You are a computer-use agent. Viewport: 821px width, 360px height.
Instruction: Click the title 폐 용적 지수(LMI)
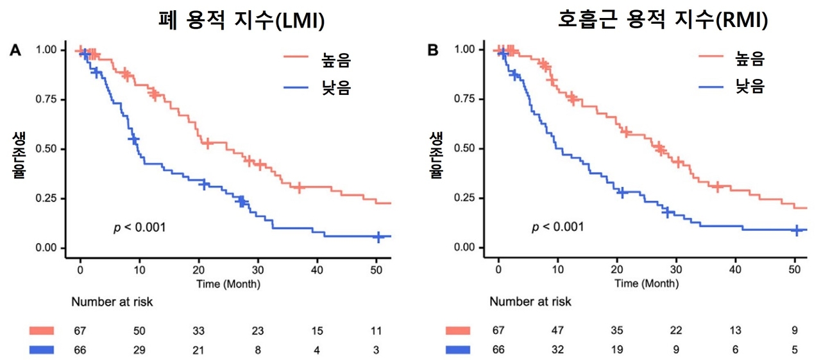[x=241, y=22]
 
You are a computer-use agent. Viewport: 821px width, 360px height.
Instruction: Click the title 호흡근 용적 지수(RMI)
[x=663, y=22]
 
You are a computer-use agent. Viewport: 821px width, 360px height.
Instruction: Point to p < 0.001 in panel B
[x=557, y=227]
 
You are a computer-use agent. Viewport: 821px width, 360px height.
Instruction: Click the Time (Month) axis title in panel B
[x=646, y=283]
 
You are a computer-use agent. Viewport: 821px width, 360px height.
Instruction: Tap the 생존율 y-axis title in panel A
[x=18, y=156]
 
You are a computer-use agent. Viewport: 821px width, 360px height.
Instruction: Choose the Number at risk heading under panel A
[x=112, y=302]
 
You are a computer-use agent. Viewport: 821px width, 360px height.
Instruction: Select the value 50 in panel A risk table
[x=138, y=331]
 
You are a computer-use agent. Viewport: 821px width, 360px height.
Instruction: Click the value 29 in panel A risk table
[x=138, y=350]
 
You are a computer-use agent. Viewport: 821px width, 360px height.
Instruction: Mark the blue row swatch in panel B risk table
[x=457, y=350]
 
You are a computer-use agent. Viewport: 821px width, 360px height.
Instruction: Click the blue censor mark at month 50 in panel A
[x=378, y=237]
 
